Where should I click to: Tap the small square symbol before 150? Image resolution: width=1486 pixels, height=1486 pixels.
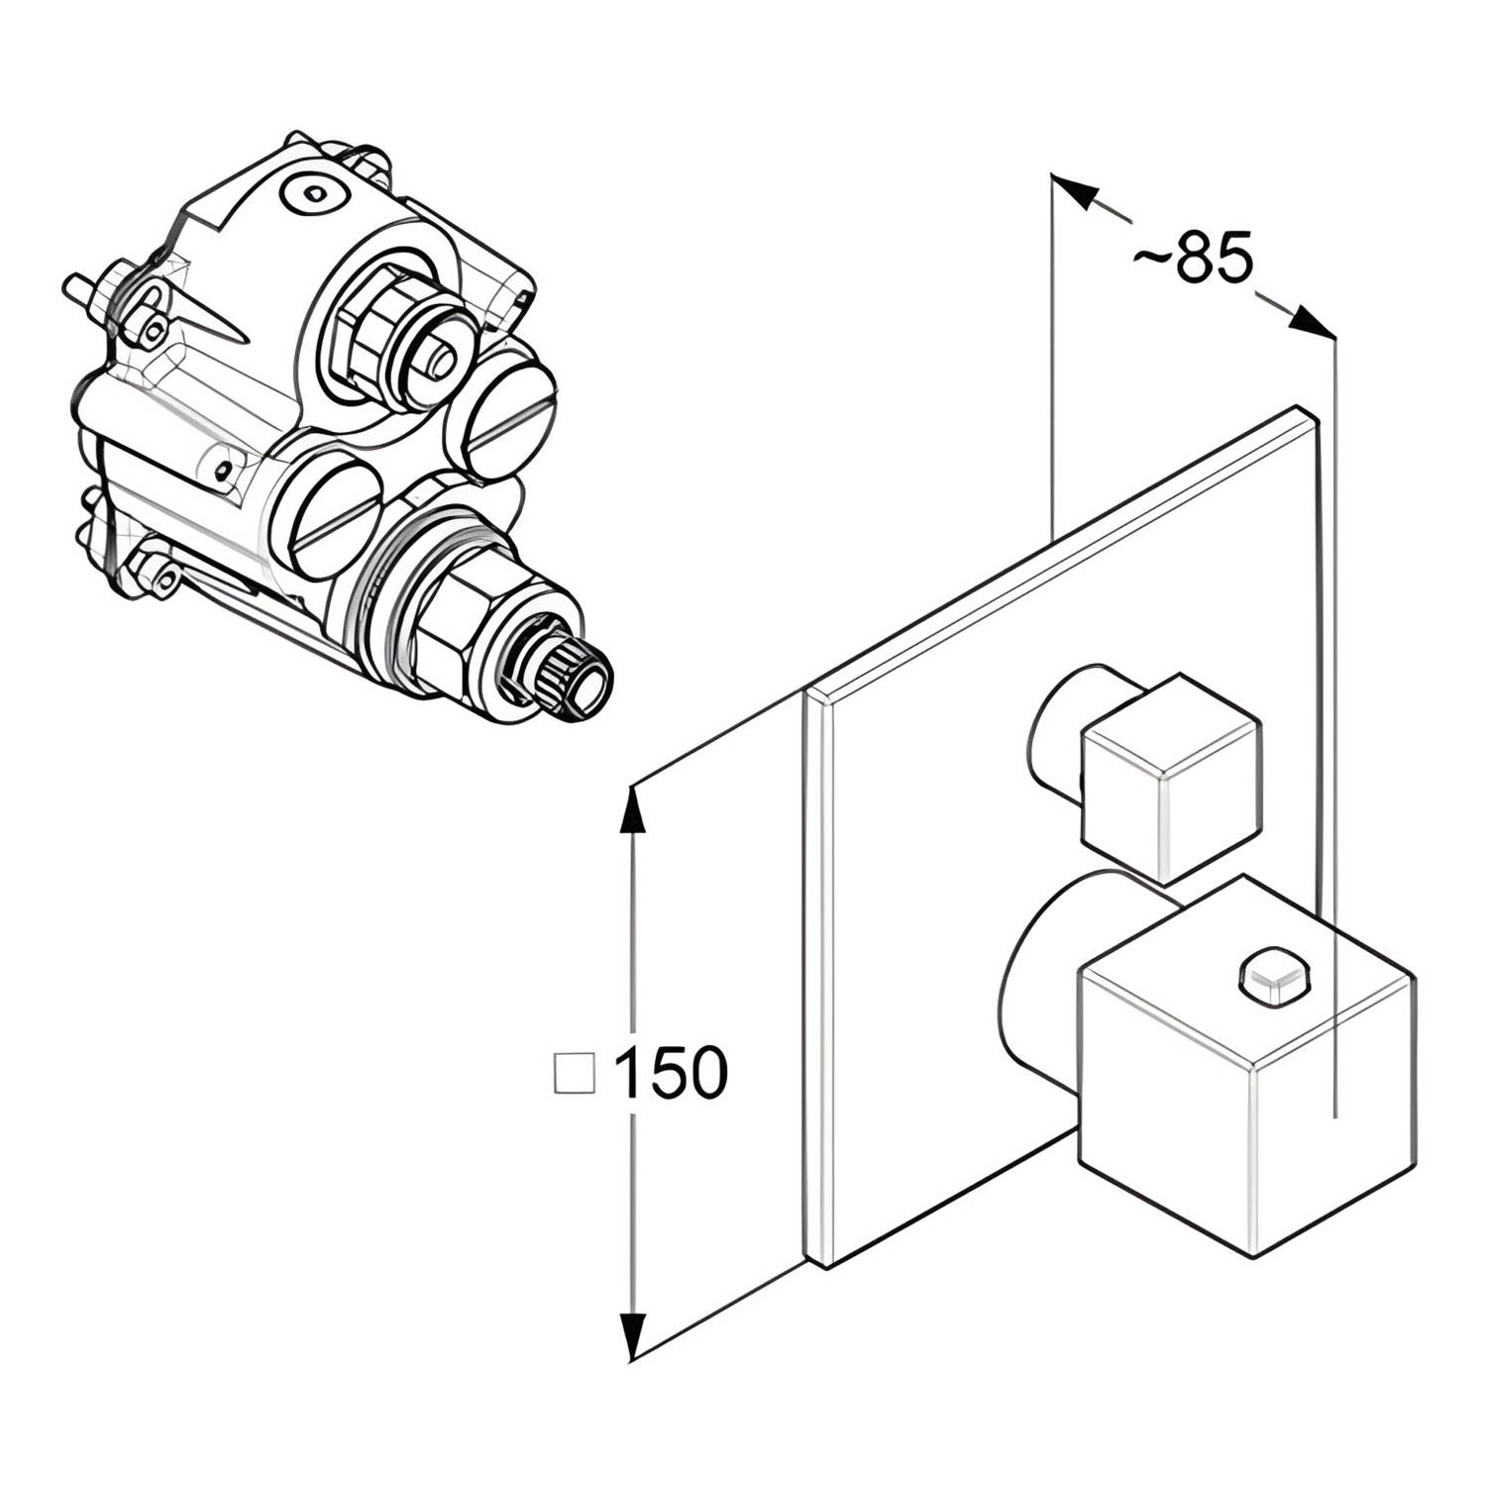point(573,1073)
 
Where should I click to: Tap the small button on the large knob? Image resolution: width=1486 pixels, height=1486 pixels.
point(1274,975)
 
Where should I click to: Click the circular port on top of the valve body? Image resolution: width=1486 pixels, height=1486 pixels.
point(316,192)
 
